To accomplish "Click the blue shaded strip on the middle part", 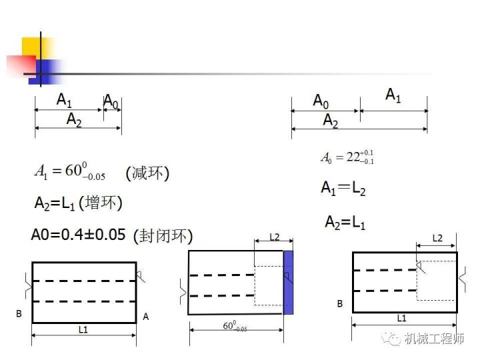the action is [288, 283].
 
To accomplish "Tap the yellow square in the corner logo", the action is [36, 49].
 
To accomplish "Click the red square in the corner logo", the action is [21, 65].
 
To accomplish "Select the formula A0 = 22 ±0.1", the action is [347, 157].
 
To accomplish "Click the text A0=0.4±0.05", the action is [79, 235].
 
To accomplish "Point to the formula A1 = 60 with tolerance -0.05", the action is [70, 171].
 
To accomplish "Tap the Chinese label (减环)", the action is [147, 173].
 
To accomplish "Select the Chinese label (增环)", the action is [101, 203].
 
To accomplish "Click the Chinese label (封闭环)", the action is [163, 236].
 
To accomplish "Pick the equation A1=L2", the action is [343, 188].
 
